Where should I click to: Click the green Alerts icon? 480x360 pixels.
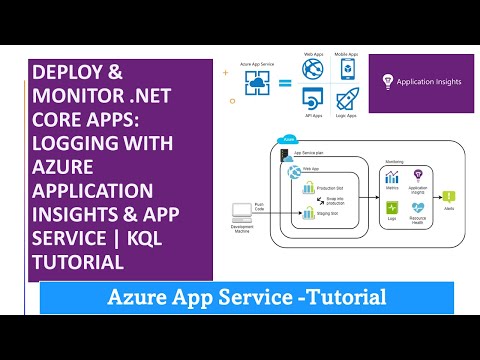(x=449, y=197)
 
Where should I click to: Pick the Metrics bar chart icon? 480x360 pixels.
(x=392, y=176)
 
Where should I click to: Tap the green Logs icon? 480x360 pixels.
(x=392, y=208)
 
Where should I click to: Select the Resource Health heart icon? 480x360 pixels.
(x=419, y=208)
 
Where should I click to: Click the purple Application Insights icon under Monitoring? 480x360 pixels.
(x=419, y=176)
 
